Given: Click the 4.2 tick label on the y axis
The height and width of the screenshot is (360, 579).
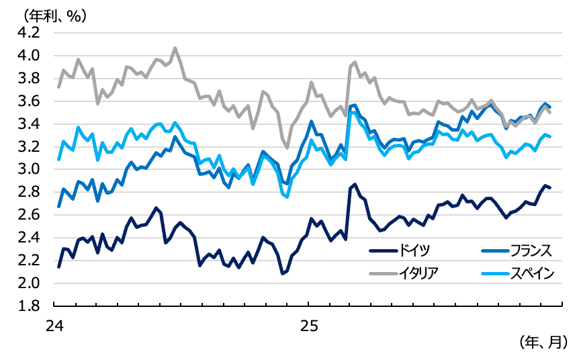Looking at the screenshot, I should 30,32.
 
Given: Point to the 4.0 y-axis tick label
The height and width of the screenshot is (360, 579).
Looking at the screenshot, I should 30,55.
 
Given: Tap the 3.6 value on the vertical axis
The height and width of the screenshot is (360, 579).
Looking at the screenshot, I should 30,101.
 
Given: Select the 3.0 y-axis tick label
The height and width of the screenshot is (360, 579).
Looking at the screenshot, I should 30,169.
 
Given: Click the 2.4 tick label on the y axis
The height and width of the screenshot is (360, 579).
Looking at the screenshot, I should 30,238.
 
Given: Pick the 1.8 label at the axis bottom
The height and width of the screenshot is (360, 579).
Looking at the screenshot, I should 30,306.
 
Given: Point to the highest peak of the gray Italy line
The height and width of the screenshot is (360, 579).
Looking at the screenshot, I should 175,48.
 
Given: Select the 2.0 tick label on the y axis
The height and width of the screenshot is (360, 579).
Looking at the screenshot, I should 30,283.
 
